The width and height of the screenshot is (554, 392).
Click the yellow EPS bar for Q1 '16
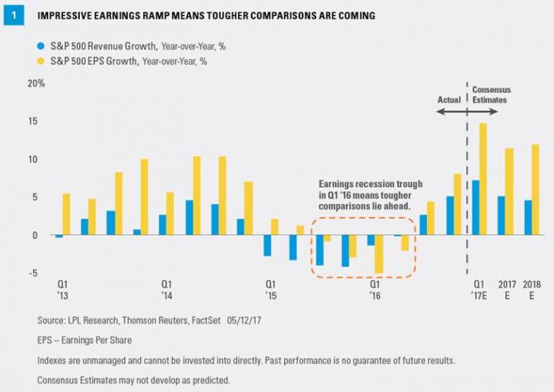(379, 254)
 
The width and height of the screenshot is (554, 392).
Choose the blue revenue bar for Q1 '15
(267, 245)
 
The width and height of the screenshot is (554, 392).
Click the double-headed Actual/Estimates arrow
(466, 112)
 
